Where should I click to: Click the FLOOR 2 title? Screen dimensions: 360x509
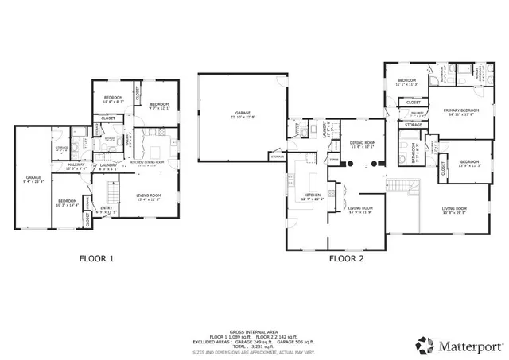348,258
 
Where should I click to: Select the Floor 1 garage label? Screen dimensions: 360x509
33,179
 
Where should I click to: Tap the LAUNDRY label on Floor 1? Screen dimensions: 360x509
108,166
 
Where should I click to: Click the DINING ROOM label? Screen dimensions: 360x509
362,144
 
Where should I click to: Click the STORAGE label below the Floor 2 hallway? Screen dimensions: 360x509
414,125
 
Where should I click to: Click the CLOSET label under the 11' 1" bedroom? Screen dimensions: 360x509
414,103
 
